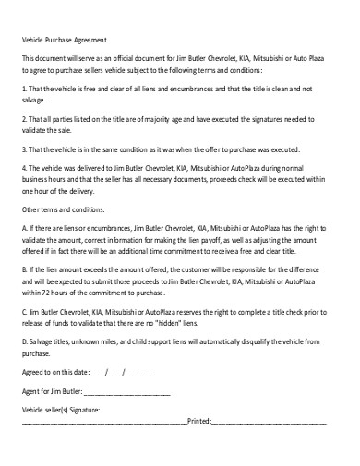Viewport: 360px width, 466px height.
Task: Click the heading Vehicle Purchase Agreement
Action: [64, 40]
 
